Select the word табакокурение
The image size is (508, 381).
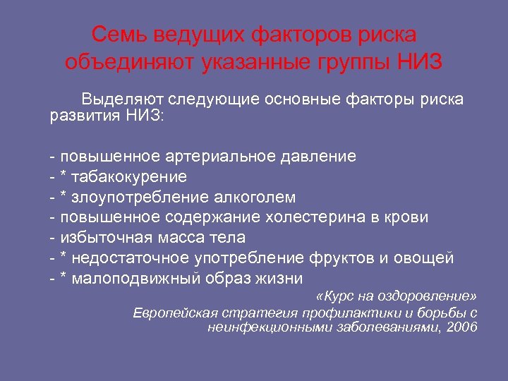[x=133, y=176]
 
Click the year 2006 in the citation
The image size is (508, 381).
[x=461, y=327]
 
